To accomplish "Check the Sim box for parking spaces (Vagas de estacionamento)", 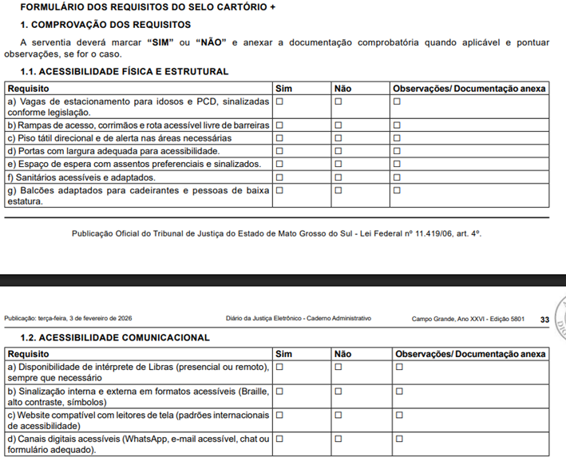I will (279, 101).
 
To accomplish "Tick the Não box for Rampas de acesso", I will (338, 125).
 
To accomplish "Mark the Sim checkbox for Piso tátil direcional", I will (279, 138).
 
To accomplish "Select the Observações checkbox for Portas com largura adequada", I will (397, 151).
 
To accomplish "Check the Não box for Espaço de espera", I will (338, 164).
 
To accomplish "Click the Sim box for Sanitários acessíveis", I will (279, 177).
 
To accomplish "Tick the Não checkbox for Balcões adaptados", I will (338, 190).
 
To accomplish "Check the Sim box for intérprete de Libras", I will (279, 367).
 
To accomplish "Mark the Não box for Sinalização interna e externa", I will (338, 391).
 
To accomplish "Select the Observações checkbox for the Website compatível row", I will (397, 415).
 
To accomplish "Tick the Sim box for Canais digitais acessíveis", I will (279, 439).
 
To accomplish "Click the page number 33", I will (544, 320).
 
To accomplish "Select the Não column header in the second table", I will (342, 353).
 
